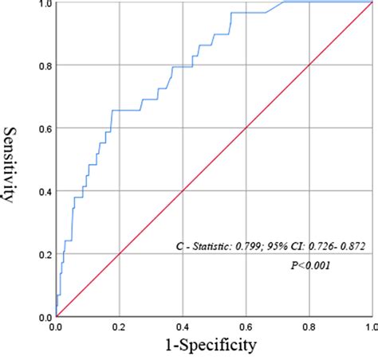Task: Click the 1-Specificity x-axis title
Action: tap(211, 346)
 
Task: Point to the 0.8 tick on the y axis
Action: tap(43, 65)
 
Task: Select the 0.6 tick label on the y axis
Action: tap(43, 128)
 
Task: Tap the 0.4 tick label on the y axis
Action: tap(43, 191)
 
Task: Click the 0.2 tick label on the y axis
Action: tap(43, 254)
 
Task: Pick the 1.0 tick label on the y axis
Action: tap(43, 4)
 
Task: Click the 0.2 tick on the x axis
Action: tap(119, 327)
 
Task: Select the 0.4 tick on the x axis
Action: tap(183, 327)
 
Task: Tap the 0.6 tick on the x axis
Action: tap(246, 327)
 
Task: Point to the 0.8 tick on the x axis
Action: tap(309, 327)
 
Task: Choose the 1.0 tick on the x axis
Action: tap(369, 327)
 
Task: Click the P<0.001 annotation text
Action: tap(310, 264)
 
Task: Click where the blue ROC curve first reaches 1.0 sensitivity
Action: tap(283, 2)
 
